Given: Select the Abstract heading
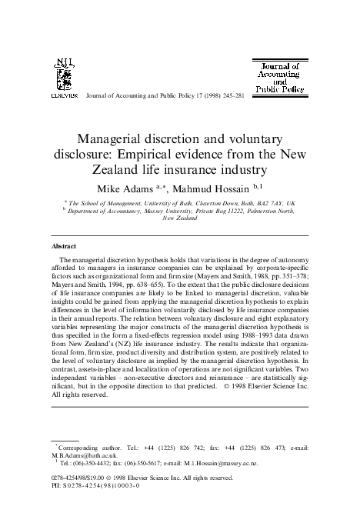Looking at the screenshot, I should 63,248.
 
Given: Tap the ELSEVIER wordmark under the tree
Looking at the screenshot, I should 63,98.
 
